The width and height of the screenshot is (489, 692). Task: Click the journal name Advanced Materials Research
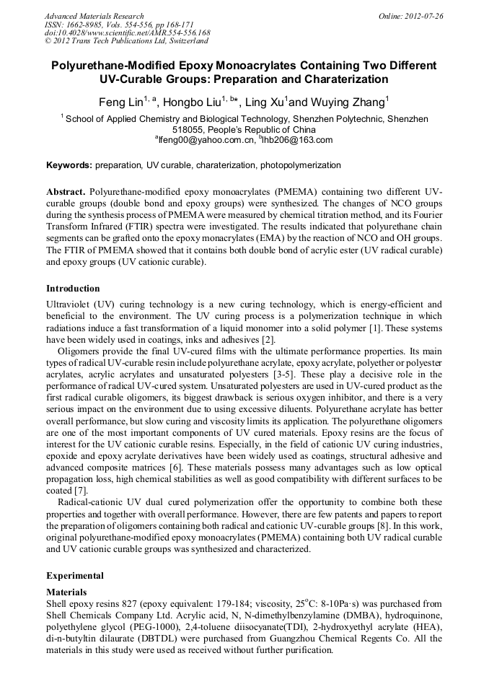click(x=94, y=16)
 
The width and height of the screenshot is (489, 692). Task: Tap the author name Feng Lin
click(x=120, y=102)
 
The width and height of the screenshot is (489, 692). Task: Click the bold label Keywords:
click(x=69, y=165)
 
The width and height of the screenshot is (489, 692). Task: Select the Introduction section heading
click(x=73, y=289)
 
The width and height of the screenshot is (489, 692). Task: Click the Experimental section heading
click(x=75, y=576)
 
